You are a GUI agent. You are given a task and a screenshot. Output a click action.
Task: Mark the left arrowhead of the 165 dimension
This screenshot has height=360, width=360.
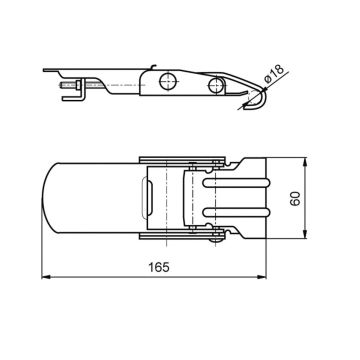click(45, 279)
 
